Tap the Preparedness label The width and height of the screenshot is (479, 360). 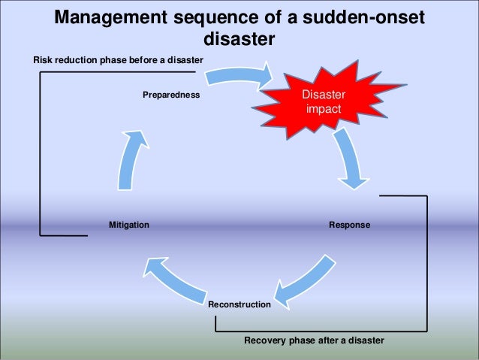[171, 95]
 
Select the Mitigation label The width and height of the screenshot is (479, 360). [128, 225]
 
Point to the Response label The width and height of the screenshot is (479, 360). [350, 225]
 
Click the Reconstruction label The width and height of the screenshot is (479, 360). [239, 304]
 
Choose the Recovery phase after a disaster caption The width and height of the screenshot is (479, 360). [314, 340]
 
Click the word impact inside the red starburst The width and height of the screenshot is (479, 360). [323, 109]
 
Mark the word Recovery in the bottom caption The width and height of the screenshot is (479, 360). [264, 340]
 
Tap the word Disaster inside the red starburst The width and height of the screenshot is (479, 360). [322, 95]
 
